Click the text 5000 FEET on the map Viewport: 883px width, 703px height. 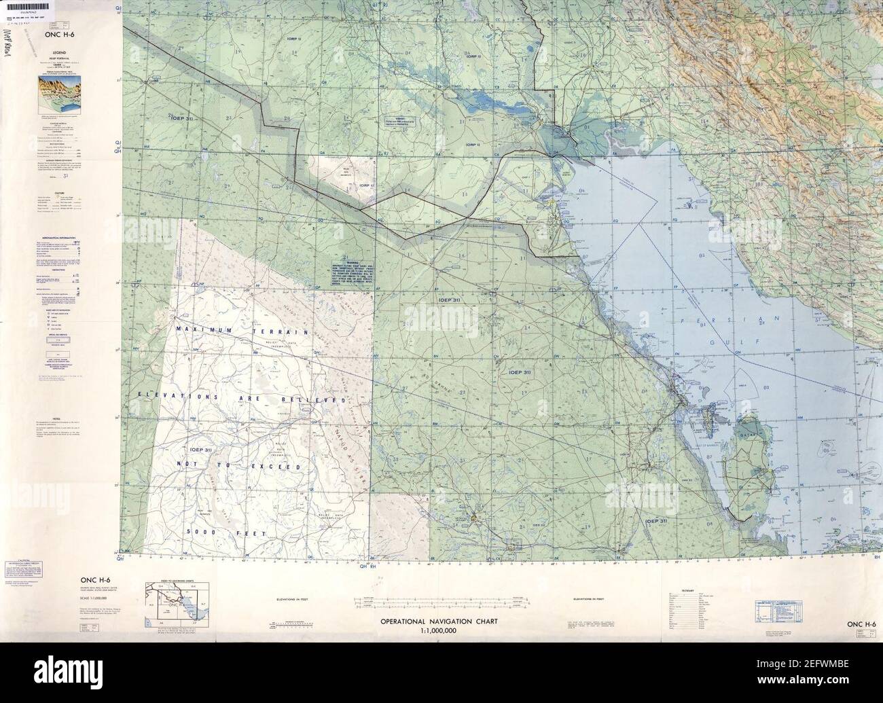216,531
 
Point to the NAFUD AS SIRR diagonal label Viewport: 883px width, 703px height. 353,441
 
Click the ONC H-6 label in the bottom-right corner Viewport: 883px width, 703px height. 861,624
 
